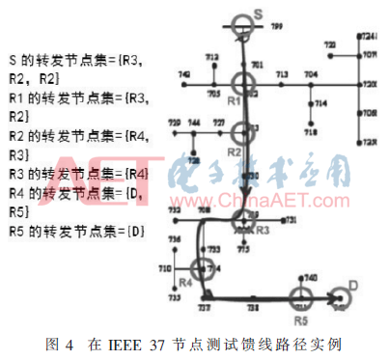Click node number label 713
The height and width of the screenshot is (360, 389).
click(x=282, y=74)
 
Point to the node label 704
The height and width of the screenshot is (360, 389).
click(x=310, y=74)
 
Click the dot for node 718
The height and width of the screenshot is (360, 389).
click(x=310, y=122)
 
